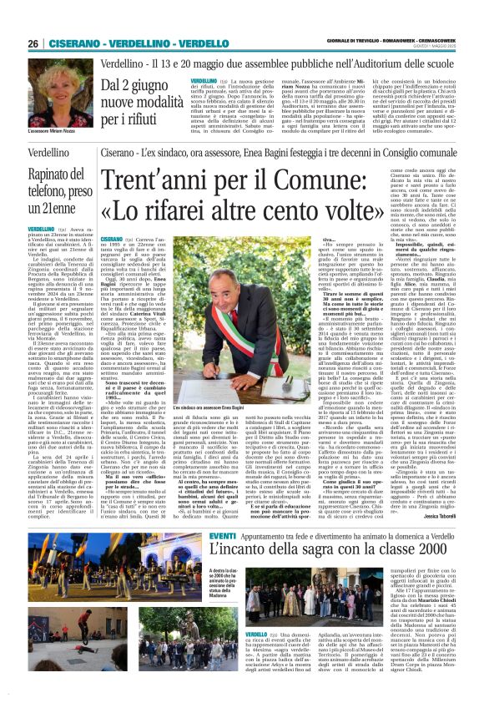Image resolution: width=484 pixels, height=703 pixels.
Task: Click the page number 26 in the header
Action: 33,43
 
